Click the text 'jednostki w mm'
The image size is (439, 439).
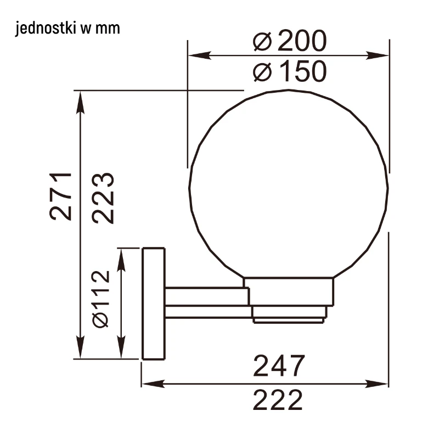click(x=67, y=29)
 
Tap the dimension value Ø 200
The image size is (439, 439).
click(x=290, y=41)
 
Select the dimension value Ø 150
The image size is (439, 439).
click(x=290, y=71)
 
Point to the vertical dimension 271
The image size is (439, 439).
click(x=61, y=197)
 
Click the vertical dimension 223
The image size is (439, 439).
click(x=103, y=198)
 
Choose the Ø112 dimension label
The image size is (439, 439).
click(x=100, y=299)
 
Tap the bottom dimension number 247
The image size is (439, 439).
click(x=279, y=365)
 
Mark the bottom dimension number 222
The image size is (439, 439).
click(x=278, y=399)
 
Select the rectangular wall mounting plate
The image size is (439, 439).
click(x=154, y=303)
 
